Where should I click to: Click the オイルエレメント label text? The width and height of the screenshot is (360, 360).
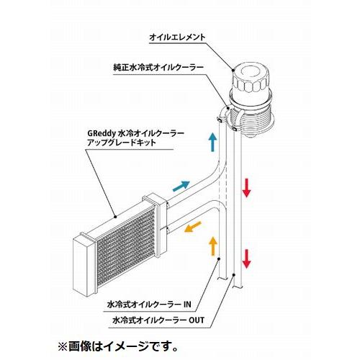[178, 37]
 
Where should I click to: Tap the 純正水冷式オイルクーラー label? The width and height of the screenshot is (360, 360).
[158, 68]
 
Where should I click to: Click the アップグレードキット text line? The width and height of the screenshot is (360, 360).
[122, 143]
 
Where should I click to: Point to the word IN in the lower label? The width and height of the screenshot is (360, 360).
[187, 305]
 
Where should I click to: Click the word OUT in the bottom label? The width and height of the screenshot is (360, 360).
[197, 320]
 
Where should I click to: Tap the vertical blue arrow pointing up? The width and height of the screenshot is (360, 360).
[212, 143]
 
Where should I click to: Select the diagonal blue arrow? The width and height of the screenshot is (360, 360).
[181, 186]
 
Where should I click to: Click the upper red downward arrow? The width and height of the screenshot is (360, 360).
[246, 187]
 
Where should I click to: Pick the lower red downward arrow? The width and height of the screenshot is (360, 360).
[246, 258]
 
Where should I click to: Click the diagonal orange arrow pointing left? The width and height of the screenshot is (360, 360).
[193, 227]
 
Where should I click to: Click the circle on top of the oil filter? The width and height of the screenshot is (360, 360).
[250, 72]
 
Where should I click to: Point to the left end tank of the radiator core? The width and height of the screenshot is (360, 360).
[84, 264]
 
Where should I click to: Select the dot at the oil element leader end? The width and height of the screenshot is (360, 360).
[233, 70]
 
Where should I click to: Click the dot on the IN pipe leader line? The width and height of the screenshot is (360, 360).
[219, 258]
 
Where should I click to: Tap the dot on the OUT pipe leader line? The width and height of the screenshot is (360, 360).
[234, 274]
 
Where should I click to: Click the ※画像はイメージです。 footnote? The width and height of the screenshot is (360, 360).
[118, 347]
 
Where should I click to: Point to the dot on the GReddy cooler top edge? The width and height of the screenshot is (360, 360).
[115, 217]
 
